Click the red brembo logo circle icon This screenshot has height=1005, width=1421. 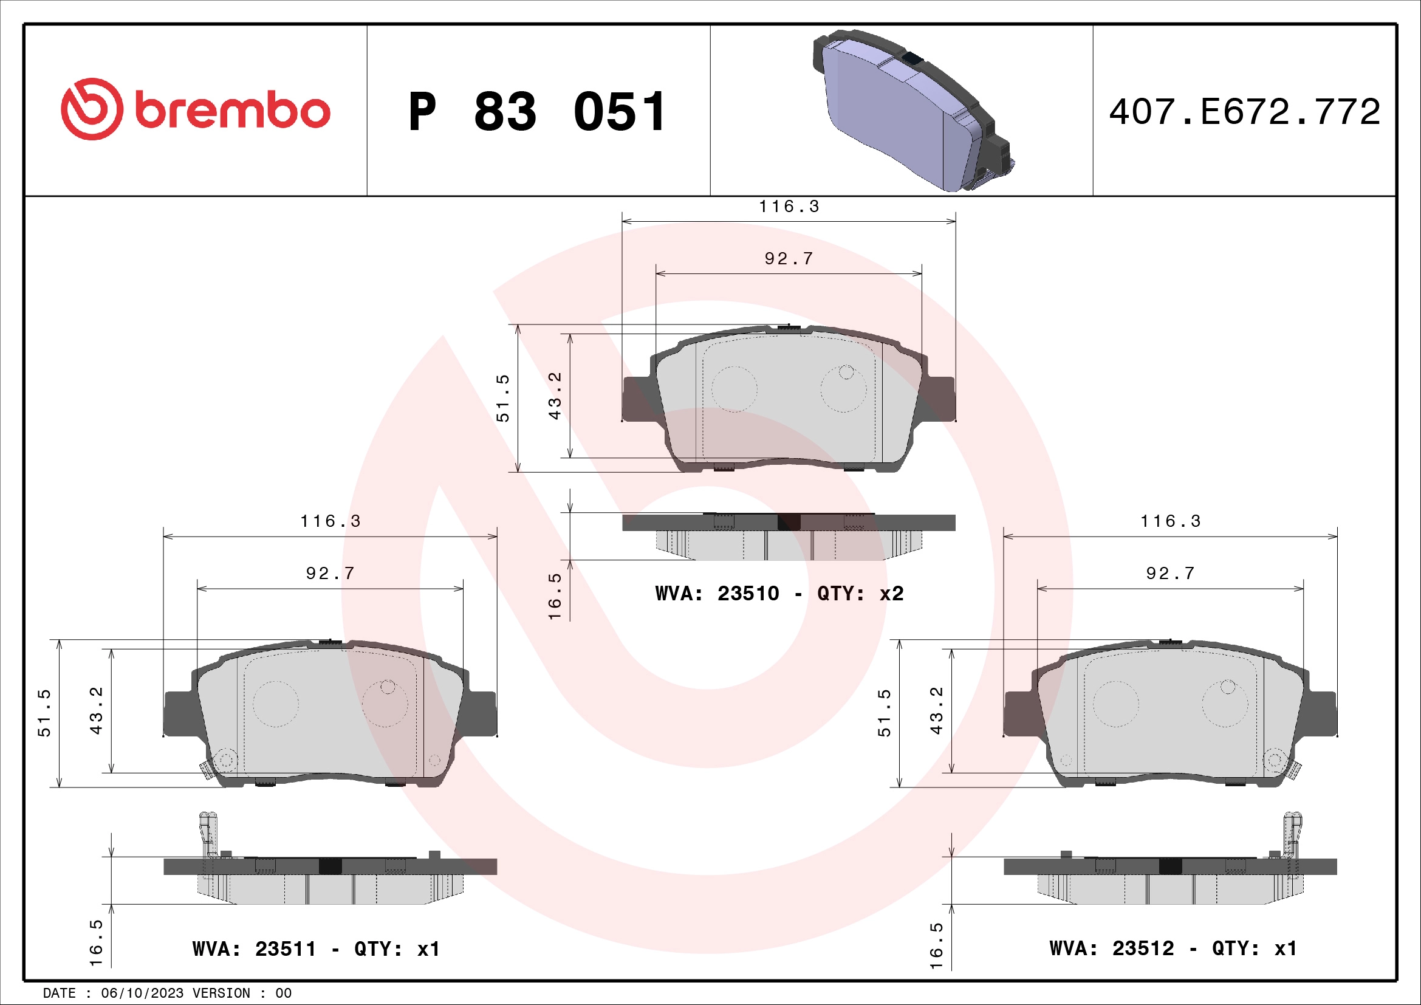click(92, 109)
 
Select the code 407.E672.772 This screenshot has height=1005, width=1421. click(1244, 112)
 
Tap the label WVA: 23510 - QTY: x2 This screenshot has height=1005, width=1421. click(779, 594)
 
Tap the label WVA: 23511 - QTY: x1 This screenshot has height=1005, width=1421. click(316, 948)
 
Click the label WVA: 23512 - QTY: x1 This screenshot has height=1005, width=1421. click(1173, 948)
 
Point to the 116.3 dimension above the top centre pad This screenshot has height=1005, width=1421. click(789, 207)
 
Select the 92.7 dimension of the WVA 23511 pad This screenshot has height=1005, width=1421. click(330, 574)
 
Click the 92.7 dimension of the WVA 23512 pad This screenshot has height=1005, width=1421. click(1169, 574)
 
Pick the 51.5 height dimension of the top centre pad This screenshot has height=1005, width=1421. click(502, 398)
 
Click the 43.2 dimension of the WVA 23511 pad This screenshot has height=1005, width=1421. click(97, 710)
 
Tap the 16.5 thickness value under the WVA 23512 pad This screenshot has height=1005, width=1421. click(936, 945)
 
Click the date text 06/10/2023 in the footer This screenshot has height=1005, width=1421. click(142, 993)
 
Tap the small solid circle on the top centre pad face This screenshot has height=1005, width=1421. click(846, 372)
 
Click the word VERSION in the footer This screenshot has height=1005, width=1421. click(221, 993)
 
